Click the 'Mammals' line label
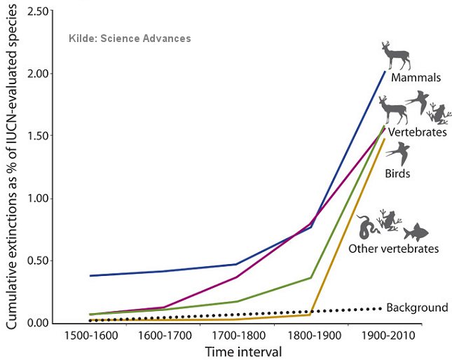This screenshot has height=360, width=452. (416, 78)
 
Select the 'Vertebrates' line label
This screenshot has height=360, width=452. (418, 132)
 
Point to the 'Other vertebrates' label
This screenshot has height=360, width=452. (393, 249)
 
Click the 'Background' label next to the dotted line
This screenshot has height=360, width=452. (416, 307)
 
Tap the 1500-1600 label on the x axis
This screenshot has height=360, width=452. (90, 335)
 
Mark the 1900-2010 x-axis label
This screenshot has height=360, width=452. (382, 335)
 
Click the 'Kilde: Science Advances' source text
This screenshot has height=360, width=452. (129, 39)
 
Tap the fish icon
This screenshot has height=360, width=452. (415, 230)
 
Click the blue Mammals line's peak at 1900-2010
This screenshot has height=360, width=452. (385, 71)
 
